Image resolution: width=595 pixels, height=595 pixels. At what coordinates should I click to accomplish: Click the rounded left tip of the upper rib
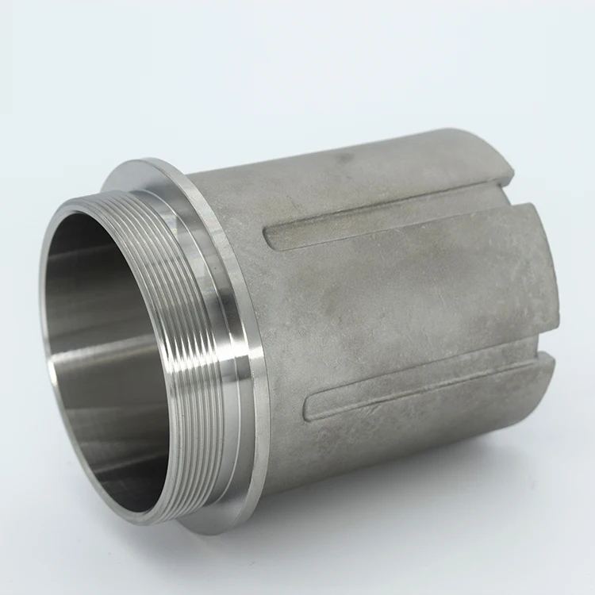click(270, 239)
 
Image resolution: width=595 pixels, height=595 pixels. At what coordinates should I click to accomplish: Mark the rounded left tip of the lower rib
click(312, 409)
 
